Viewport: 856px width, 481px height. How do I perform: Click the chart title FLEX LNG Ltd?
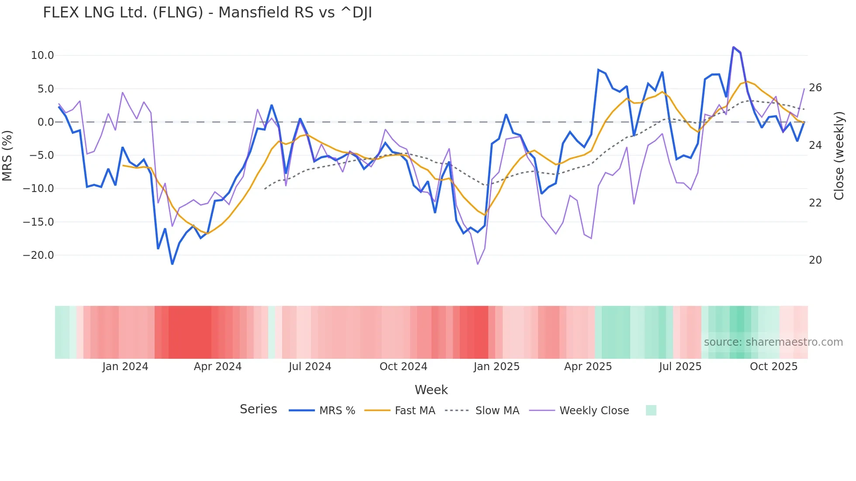pos(207,13)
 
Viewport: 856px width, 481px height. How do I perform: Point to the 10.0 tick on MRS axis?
pos(42,55)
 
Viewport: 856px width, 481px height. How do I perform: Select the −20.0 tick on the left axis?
pos(38,255)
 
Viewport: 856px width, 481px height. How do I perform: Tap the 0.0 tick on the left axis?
pos(45,122)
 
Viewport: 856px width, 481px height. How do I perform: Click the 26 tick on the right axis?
pos(815,88)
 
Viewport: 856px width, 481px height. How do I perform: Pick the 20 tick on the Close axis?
pos(815,260)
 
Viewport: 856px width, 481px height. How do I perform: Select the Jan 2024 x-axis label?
pos(125,367)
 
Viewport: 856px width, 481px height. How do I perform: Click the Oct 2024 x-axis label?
pos(403,367)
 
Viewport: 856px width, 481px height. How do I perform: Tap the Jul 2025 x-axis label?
pos(680,367)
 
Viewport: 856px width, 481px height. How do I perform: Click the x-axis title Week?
pos(431,390)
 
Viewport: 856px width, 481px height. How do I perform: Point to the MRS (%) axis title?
pos(7,155)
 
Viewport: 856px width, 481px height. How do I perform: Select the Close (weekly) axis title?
pos(839,155)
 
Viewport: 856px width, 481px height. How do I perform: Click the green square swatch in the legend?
pos(651,410)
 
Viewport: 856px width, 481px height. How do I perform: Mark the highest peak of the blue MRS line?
pos(733,47)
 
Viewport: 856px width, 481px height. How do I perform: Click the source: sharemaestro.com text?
pos(773,342)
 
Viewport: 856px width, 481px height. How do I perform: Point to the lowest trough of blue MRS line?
pos(172,264)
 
